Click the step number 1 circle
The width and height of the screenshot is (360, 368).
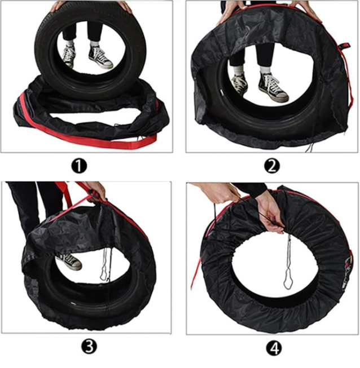(x=79, y=166)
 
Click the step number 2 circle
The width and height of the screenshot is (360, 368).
(x=271, y=166)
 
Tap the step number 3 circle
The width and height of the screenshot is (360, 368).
(x=89, y=346)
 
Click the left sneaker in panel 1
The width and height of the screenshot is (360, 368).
(x=69, y=55)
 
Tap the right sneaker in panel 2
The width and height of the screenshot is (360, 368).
(x=273, y=86)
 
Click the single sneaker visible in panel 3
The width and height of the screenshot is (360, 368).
(x=69, y=261)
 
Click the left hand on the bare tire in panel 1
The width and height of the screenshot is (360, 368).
(x=56, y=6)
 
